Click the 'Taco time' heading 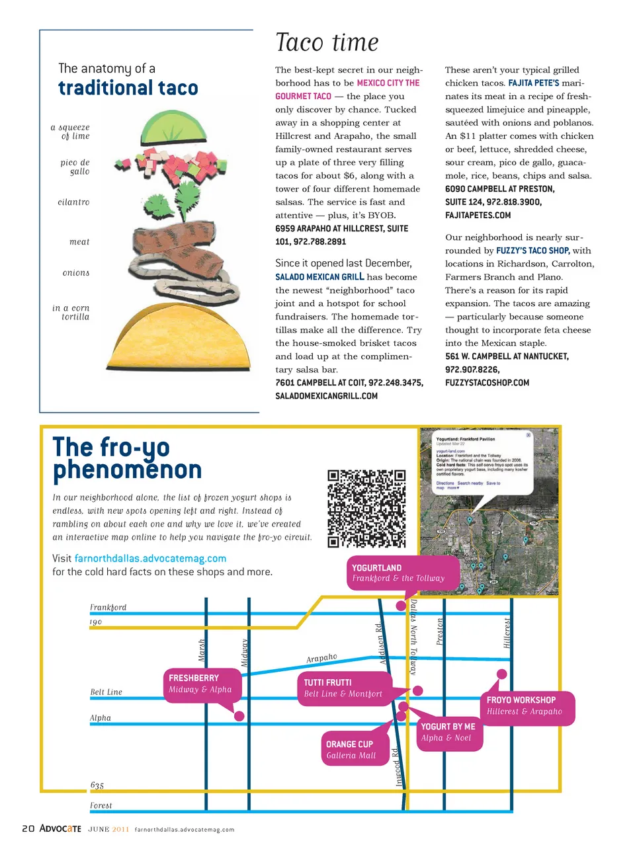coord(327,43)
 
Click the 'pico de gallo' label coord(75,167)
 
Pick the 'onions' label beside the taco coord(76,272)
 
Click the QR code coord(366,508)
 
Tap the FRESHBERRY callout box coord(202,684)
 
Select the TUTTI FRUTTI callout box coord(344,688)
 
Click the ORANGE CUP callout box coord(355,749)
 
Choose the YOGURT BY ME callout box coord(448,732)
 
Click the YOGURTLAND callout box coord(402,573)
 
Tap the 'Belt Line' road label coord(106,692)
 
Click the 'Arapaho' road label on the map coord(321,658)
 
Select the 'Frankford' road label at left coord(108,607)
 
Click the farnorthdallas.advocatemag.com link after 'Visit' coord(150,558)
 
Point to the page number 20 coord(28,829)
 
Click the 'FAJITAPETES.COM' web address coord(478,215)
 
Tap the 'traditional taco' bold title coord(128,88)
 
